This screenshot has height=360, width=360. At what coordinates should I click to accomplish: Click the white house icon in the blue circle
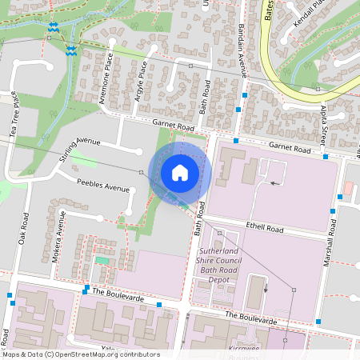point(179,173)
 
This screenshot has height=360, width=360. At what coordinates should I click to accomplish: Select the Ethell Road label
point(266,228)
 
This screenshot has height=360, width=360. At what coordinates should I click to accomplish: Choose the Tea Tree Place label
point(14,117)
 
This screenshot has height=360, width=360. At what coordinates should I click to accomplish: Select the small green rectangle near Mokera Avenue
point(102,260)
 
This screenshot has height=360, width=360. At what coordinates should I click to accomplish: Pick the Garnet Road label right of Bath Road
point(289,148)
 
